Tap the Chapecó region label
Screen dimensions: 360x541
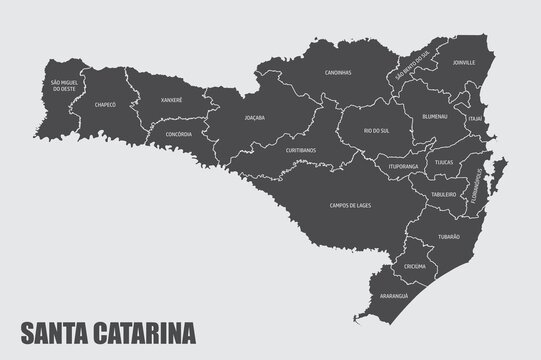[x=105, y=104]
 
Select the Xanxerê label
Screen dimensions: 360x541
[x=167, y=100]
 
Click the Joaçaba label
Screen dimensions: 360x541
[x=255, y=118]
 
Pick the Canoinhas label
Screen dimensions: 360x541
[x=337, y=74]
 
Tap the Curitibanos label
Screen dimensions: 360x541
[x=301, y=151]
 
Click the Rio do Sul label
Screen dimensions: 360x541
[x=376, y=131]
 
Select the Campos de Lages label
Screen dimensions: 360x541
[x=349, y=205]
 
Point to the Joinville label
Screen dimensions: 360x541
[x=463, y=62]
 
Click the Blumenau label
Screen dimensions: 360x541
[x=435, y=116]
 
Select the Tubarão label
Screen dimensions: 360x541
[x=449, y=237]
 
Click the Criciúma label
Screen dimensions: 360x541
[x=414, y=267]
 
